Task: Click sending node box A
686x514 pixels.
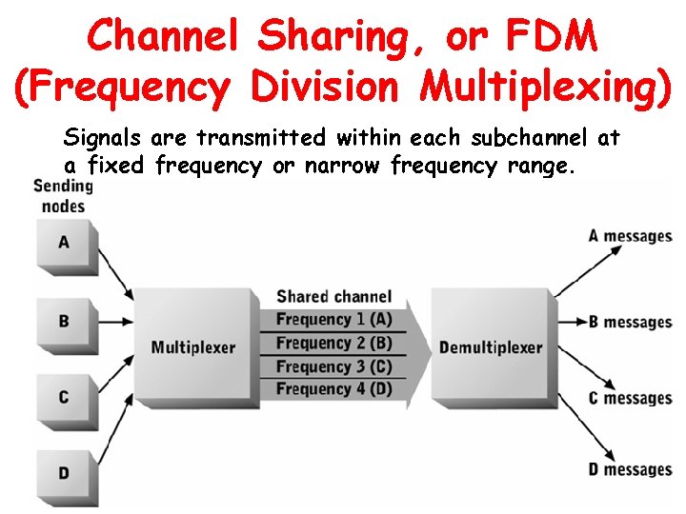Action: pyautogui.click(x=64, y=243)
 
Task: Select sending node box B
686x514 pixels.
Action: pyautogui.click(x=64, y=321)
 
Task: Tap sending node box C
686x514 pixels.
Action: pyautogui.click(x=64, y=397)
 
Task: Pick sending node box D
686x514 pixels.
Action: pyautogui.click(x=64, y=473)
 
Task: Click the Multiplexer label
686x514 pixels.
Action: pyautogui.click(x=192, y=347)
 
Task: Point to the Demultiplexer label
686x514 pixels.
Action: pyautogui.click(x=490, y=347)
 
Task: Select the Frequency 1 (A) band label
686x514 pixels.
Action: pyautogui.click(x=333, y=320)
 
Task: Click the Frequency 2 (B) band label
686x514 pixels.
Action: pyautogui.click(x=333, y=343)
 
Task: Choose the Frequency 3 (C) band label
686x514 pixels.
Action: pyautogui.click(x=333, y=366)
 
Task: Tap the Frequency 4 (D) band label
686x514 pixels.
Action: pyautogui.click(x=333, y=388)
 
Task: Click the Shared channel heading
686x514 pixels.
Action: pyautogui.click(x=333, y=297)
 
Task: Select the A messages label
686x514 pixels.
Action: pyautogui.click(x=630, y=236)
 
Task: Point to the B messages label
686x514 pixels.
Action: pyautogui.click(x=630, y=322)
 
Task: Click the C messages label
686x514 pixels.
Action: pyautogui.click(x=630, y=398)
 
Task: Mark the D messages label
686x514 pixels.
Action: pyautogui.click(x=630, y=469)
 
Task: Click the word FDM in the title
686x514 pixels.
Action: pyautogui.click(x=553, y=37)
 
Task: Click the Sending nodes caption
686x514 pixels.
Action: pyautogui.click(x=63, y=194)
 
